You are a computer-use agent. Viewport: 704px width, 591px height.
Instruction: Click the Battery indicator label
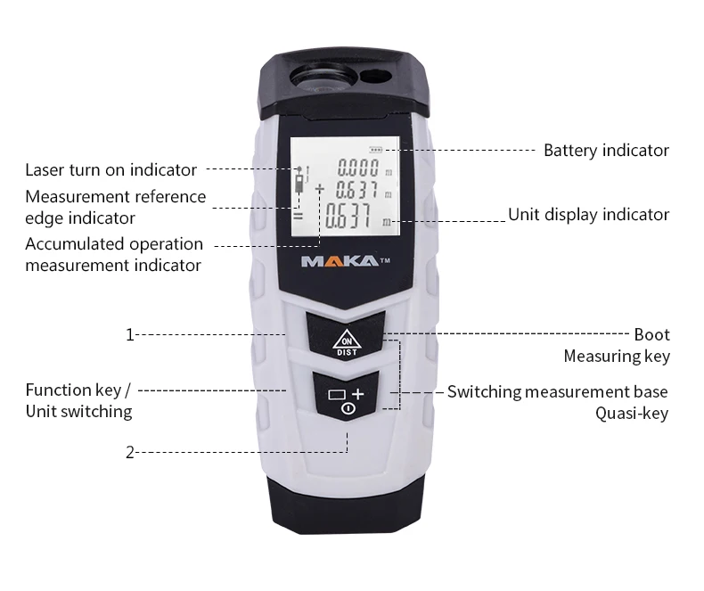[x=606, y=151]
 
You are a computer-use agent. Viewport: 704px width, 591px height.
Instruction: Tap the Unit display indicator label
[x=588, y=215]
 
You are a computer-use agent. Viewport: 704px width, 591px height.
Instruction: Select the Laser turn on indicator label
[x=111, y=169]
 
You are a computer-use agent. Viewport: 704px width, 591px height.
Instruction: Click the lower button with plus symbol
[x=347, y=398]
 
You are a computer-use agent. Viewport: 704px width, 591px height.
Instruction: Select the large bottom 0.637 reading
[x=351, y=218]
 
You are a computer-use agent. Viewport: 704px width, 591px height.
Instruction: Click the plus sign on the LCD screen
[x=318, y=188]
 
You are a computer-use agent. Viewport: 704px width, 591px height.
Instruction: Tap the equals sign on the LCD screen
[x=299, y=216]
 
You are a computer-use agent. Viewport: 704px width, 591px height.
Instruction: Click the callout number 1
[x=129, y=335]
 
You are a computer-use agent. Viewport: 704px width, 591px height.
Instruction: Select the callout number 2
[x=129, y=452]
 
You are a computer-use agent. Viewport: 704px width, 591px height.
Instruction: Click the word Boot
[x=651, y=335]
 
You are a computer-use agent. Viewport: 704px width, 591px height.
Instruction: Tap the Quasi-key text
[x=631, y=414]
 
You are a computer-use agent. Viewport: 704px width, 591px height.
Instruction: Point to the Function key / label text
[x=78, y=390]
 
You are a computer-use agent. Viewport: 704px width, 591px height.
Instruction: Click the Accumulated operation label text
[x=114, y=244]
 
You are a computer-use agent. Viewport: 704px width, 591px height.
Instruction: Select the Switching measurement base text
[x=557, y=392]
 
